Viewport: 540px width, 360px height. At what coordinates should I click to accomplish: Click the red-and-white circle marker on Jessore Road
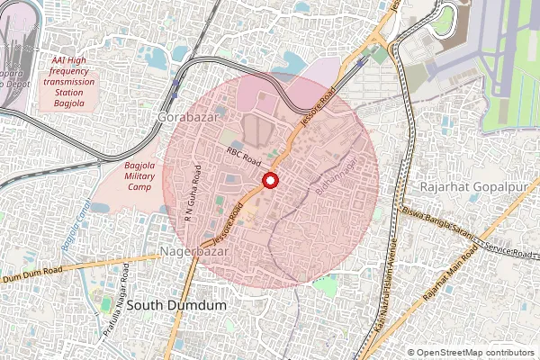(269, 181)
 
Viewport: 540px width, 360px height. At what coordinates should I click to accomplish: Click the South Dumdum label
(176, 306)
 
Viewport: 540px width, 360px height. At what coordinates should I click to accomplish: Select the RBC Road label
(243, 157)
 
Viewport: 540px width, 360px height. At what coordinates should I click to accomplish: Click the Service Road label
(507, 251)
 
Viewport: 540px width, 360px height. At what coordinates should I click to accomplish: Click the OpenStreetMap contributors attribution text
(474, 353)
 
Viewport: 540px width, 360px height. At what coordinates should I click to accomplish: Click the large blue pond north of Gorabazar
(290, 62)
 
